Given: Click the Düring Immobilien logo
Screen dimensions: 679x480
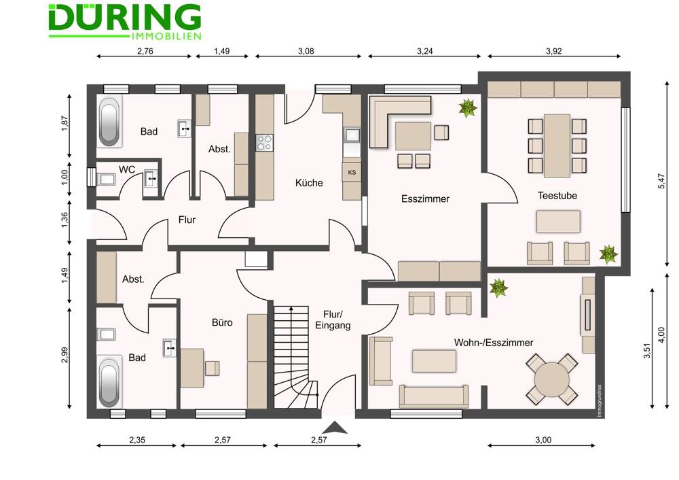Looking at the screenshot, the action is (125, 22).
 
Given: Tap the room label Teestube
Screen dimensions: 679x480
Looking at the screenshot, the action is (557, 196).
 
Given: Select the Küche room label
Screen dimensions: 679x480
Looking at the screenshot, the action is (309, 182).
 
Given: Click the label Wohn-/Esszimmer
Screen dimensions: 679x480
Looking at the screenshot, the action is (494, 343).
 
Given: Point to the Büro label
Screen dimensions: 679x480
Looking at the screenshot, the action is (222, 322).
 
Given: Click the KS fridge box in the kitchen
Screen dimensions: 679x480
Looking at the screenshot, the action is (352, 172).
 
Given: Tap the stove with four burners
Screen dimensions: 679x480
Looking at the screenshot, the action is (265, 143).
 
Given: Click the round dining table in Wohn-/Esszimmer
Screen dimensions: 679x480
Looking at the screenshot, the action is (551, 379).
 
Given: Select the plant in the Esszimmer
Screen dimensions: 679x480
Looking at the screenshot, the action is (468, 107).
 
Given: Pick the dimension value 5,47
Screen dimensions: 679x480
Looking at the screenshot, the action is (661, 181).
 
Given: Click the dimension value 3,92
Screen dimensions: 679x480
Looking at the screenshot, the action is (554, 51).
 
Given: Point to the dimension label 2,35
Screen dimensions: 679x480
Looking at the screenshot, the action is (137, 440).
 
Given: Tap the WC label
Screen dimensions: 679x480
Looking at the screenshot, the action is (127, 169).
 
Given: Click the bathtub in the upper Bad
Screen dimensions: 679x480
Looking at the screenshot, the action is (109, 122).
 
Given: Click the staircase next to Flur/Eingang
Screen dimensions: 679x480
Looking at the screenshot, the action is (296, 357).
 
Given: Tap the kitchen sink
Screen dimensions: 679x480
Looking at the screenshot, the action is (352, 135).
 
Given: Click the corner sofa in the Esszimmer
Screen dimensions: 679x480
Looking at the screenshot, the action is (399, 122).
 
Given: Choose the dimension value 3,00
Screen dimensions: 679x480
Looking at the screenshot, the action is (543, 440).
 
